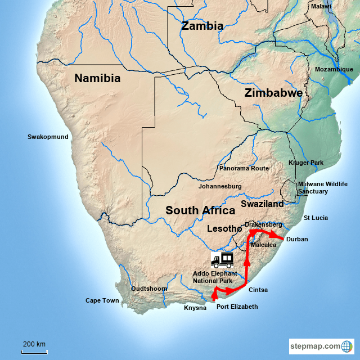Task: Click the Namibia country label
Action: tap(97, 79)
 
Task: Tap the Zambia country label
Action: tap(202, 26)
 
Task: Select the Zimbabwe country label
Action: tap(273, 93)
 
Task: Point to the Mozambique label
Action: tap(334, 69)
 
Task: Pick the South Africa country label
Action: tap(200, 210)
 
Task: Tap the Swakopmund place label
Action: tap(48, 137)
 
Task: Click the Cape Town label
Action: tap(102, 300)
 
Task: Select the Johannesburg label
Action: tap(220, 186)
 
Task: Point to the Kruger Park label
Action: tap(306, 163)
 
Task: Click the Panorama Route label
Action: tap(244, 168)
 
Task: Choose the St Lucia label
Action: tap(316, 218)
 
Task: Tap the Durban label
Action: tap(297, 239)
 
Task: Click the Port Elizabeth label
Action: tap(237, 307)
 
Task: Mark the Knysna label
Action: tap(195, 308)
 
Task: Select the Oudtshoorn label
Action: tap(149, 289)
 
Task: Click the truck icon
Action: tap(222, 259)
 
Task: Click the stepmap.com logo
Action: tap(321, 346)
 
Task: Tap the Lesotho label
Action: tap(224, 229)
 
